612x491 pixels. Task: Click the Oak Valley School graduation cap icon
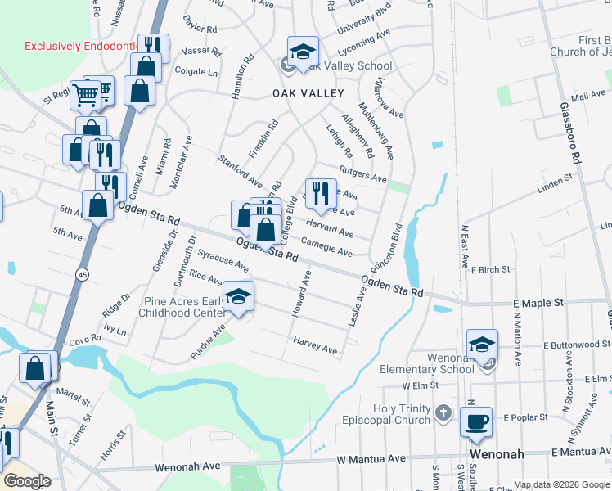tap(303, 52)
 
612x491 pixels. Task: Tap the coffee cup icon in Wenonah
tap(475, 421)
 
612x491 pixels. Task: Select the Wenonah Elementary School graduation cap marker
tap(483, 345)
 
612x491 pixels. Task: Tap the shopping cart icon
tap(86, 96)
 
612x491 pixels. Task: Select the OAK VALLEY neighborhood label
tap(308, 93)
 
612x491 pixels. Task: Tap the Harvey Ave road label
tap(315, 345)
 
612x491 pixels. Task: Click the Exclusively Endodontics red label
tap(79, 47)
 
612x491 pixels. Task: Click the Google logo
tap(27, 482)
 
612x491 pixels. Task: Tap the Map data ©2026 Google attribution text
tap(560, 484)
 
